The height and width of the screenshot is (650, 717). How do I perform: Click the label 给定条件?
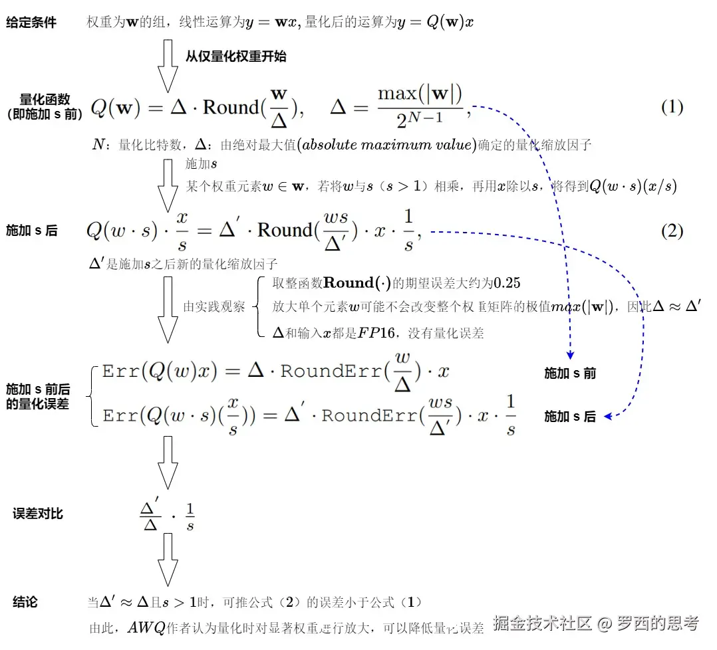[x=31, y=23]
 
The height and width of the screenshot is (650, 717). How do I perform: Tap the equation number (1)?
[x=672, y=108]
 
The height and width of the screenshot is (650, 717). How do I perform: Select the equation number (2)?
[x=672, y=231]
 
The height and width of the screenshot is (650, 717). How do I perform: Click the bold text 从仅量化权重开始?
[x=235, y=56]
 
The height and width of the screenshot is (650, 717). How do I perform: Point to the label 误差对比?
[x=38, y=514]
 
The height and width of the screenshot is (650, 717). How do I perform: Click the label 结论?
[x=25, y=602]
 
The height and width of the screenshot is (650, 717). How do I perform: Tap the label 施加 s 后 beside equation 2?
[x=31, y=231]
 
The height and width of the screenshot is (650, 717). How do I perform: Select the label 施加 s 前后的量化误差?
[x=38, y=396]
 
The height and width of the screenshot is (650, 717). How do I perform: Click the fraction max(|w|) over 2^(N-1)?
[x=420, y=106]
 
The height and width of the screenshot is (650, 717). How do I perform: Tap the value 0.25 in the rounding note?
[x=507, y=283]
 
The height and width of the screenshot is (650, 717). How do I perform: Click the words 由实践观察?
[x=214, y=307]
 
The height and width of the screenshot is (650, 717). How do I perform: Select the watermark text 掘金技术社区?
[x=542, y=623]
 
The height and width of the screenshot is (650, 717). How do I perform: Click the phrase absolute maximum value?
[x=387, y=145]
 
